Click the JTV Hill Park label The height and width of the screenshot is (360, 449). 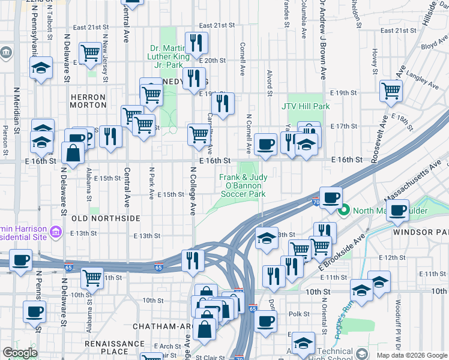(x=306, y=106)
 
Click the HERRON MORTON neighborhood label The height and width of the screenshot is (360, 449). (x=88, y=101)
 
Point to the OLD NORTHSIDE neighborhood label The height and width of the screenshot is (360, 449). (x=106, y=218)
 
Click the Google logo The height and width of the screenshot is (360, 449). (x=20, y=353)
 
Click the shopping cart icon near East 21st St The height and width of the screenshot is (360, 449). (x=90, y=53)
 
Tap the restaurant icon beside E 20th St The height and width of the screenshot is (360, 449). (x=196, y=43)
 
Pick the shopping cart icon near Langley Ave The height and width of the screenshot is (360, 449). (x=391, y=91)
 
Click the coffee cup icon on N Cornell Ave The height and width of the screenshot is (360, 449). (x=265, y=144)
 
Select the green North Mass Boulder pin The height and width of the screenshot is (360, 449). (x=345, y=210)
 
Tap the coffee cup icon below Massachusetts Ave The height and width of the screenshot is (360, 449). (x=397, y=210)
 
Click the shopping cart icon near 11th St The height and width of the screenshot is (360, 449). (x=92, y=278)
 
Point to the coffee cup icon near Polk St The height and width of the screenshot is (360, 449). (x=265, y=319)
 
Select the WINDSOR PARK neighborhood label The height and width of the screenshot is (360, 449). (x=421, y=232)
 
